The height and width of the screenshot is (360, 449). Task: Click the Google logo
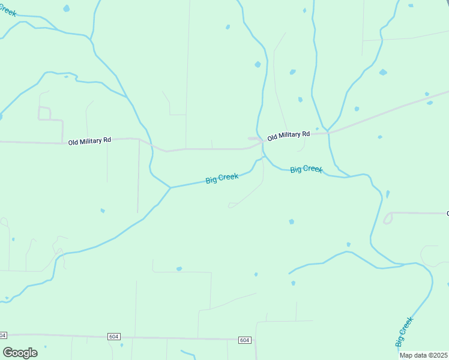(20, 353)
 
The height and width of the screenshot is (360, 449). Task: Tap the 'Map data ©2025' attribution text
(424, 355)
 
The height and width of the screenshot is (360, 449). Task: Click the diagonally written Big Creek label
(405, 331)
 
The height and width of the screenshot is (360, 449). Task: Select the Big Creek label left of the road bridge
(221, 178)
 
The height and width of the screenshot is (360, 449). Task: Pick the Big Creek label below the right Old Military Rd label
(306, 169)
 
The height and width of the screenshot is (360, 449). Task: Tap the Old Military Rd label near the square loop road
(89, 142)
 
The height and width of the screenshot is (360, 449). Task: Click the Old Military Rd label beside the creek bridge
(288, 136)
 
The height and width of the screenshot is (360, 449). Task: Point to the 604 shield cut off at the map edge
(2, 335)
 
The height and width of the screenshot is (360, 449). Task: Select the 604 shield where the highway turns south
(244, 340)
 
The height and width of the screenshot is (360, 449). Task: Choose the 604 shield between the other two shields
(113, 337)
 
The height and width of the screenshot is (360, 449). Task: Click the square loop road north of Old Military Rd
(44, 113)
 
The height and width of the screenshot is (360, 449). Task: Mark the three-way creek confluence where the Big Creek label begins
(170, 188)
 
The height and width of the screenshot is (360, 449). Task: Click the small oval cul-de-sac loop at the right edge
(388, 218)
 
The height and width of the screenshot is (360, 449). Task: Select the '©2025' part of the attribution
(436, 355)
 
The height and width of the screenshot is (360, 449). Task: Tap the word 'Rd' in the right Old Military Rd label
(306, 133)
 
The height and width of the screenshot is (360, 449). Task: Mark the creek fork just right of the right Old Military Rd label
(327, 130)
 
